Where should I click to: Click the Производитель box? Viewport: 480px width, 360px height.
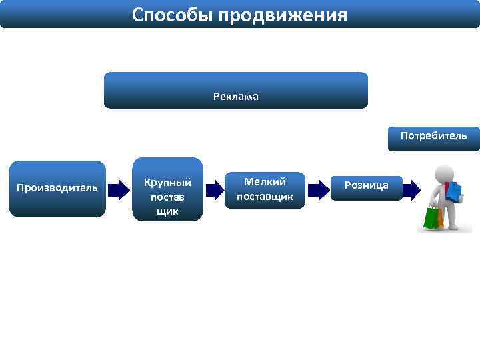pos(57,189)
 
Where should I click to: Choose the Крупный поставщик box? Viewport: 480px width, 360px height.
pos(167,189)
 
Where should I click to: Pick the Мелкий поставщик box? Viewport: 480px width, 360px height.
pos(265,190)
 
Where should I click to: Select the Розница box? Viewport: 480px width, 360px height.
pos(367,186)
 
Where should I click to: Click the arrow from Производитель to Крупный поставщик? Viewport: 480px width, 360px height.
pos(119,190)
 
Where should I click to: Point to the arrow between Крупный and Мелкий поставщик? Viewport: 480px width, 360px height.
pos(215,190)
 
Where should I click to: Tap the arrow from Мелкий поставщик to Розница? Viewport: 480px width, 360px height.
pos(319,190)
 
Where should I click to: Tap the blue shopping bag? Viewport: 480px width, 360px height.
pos(455,191)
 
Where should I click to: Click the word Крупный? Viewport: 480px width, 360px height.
pos(167,182)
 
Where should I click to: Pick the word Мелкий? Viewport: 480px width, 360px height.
pos(265,181)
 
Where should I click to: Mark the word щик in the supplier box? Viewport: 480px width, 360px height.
pos(167,211)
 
